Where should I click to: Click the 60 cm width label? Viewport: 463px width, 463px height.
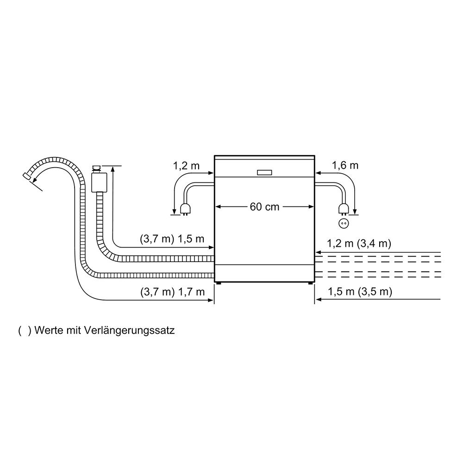(265, 206)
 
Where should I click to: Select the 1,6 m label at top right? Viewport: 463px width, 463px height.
(345, 165)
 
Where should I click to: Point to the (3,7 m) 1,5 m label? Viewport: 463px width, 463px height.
(172, 239)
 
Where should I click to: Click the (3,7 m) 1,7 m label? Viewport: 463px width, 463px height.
(172, 292)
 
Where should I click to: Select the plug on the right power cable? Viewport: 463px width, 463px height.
(344, 209)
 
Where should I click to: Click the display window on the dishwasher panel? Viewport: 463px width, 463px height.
(265, 172)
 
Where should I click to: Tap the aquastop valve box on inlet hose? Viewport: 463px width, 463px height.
(99, 182)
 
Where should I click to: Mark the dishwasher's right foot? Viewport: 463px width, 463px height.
(311, 283)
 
